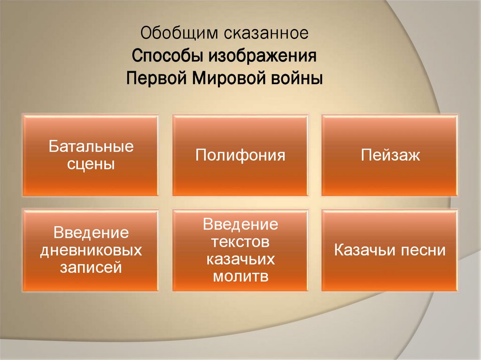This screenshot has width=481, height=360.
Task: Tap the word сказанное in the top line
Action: point(266,34)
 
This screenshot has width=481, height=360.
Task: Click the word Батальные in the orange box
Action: point(91,146)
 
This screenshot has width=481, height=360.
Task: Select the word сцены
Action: point(91,164)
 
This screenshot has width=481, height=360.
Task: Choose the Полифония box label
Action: point(240,155)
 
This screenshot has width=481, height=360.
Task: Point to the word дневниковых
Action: point(91,250)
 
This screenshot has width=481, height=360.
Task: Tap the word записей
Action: point(91,268)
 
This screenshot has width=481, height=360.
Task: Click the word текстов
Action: point(240,242)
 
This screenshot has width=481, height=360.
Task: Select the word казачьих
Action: point(240,260)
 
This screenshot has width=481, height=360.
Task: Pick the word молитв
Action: point(240,277)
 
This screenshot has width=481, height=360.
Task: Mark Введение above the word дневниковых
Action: point(91,233)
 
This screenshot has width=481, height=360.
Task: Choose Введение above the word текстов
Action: point(240,224)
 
